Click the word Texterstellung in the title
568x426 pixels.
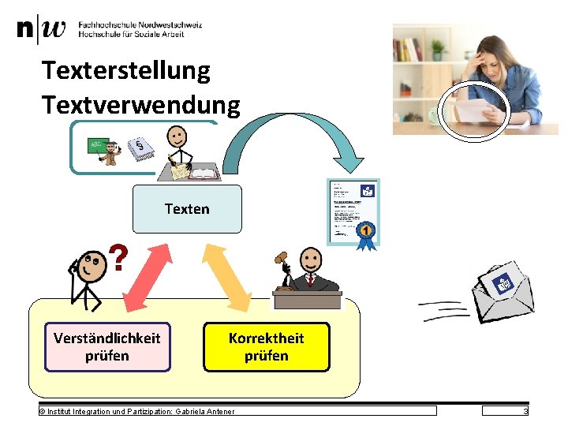(126, 71)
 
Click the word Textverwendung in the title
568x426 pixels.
(140, 103)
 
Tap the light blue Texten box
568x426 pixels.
(187, 209)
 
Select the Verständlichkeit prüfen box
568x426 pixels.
(107, 347)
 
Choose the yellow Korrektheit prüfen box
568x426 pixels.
(266, 347)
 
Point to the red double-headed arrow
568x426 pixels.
(147, 276)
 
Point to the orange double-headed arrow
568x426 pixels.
(229, 276)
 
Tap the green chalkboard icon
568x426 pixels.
(98, 145)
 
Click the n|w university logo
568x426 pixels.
(41, 30)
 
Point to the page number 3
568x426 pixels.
(525, 411)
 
